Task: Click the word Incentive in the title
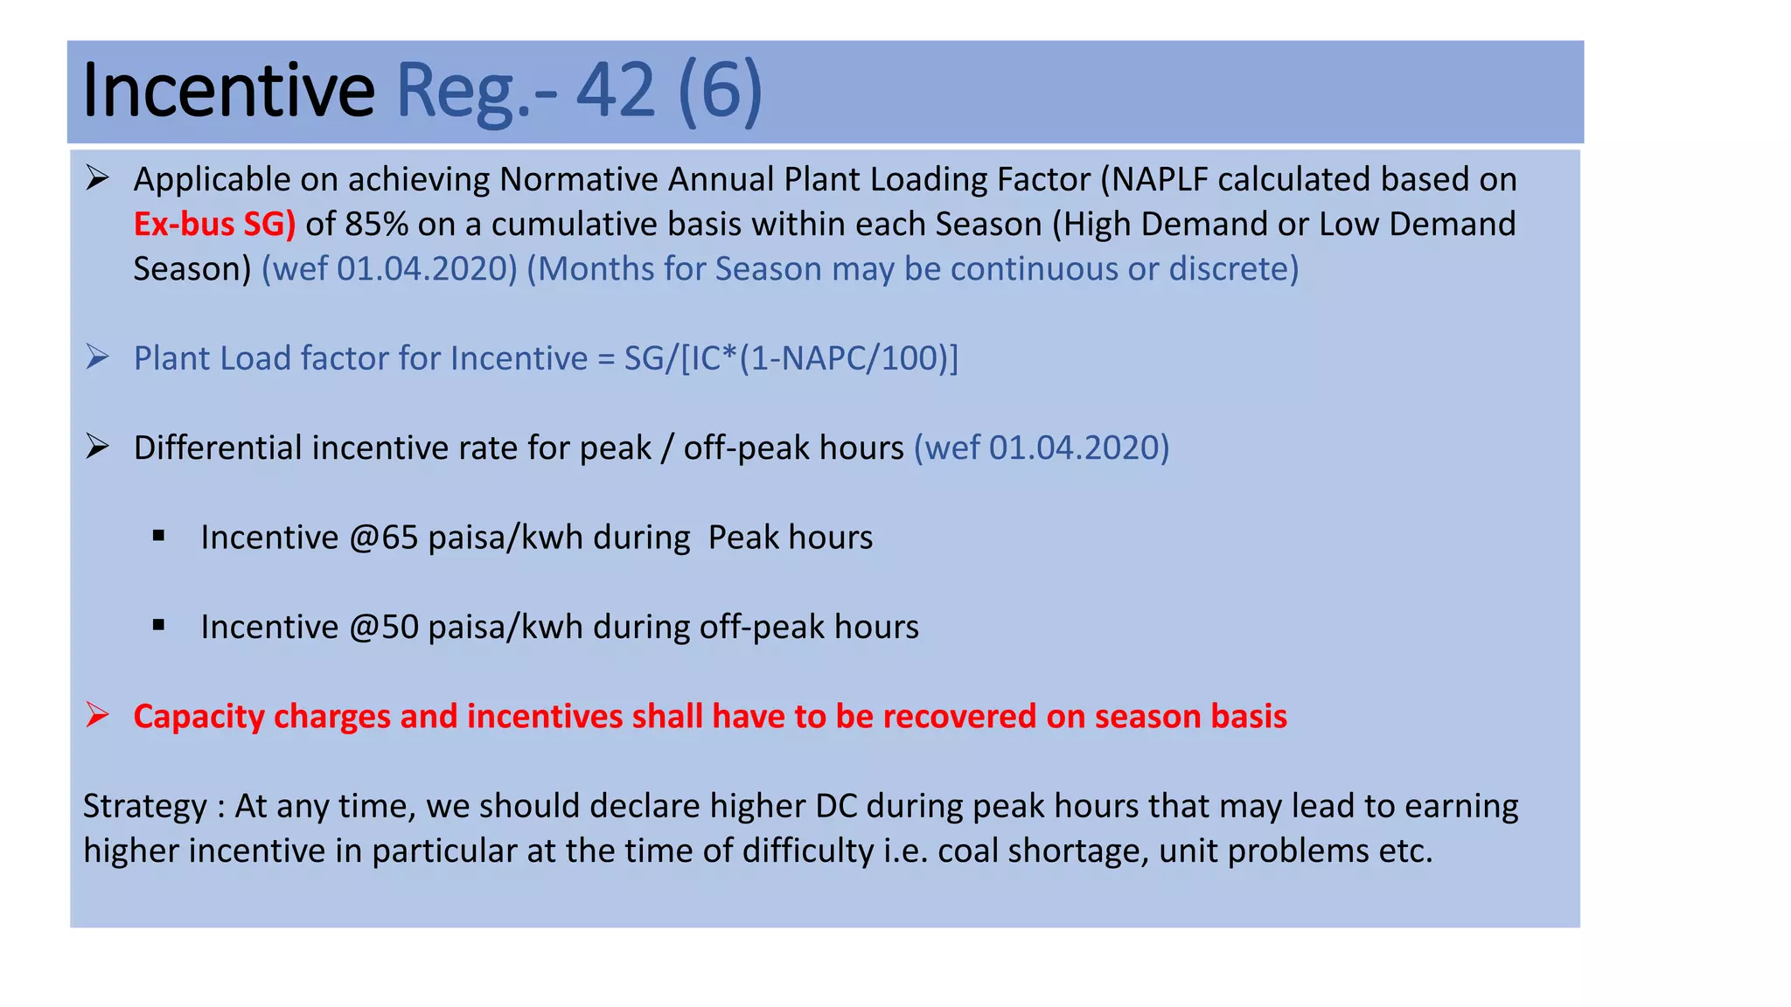click(x=228, y=91)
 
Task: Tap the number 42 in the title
click(x=616, y=91)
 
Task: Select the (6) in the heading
click(x=720, y=91)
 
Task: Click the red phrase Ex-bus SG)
click(x=214, y=225)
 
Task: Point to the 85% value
click(x=376, y=225)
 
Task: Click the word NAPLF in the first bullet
click(x=1159, y=179)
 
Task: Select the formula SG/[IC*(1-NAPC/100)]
click(x=791, y=358)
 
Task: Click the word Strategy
click(x=145, y=806)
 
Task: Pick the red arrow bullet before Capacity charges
click(x=97, y=715)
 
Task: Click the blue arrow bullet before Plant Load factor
click(x=97, y=358)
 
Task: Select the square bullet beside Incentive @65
click(x=158, y=536)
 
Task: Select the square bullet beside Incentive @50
click(x=158, y=625)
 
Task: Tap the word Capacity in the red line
click(x=199, y=717)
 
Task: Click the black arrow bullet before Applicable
click(x=97, y=178)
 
